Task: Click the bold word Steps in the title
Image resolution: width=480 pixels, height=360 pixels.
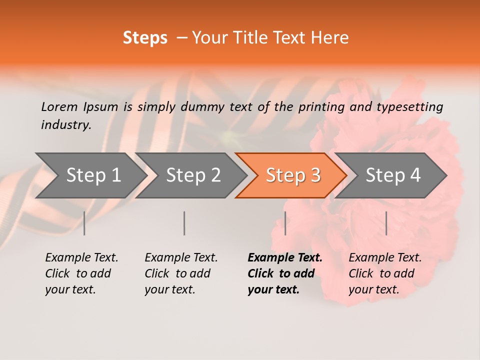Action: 145,38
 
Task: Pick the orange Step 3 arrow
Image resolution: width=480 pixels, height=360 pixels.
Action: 292,175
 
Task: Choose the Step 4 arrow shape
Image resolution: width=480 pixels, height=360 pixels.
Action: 392,175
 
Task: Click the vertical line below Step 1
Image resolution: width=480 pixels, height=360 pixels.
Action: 84,223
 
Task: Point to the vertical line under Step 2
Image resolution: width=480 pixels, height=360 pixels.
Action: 184,223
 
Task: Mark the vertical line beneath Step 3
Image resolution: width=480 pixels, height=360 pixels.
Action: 285,223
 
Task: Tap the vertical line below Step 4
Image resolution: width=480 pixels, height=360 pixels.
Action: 386,223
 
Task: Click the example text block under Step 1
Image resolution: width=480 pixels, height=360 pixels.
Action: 81,273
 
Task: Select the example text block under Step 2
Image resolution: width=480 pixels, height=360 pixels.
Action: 181,273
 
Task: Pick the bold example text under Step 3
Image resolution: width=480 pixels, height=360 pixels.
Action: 285,273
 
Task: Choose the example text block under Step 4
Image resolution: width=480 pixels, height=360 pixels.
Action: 385,273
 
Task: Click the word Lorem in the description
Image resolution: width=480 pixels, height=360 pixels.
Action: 59,106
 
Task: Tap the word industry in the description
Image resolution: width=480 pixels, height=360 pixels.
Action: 65,125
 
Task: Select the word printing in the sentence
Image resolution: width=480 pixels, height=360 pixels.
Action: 320,107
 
